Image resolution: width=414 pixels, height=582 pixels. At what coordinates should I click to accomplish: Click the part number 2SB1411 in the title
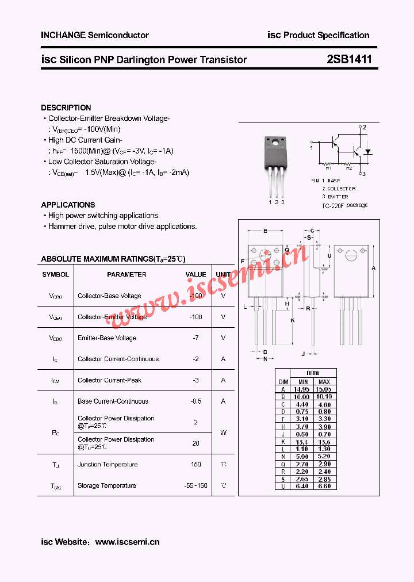350,59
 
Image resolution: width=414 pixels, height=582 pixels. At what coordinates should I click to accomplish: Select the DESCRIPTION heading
66,108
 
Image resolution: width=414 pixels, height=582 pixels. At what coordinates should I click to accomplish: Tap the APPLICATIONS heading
68,205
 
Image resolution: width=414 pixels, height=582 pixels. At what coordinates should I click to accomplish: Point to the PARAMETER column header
126,275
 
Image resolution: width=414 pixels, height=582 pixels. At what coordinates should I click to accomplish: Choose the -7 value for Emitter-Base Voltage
195,338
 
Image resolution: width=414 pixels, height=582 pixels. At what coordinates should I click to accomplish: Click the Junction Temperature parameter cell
108,465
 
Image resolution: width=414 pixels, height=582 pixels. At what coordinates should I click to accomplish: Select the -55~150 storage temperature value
195,486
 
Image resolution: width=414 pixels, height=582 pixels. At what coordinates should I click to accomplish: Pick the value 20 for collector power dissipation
195,443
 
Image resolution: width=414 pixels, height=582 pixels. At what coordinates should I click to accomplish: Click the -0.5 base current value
195,401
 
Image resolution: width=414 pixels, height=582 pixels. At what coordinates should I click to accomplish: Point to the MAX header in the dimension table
324,382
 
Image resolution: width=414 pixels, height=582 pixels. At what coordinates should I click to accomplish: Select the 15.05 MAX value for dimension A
324,389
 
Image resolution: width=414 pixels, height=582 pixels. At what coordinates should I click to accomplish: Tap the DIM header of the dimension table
283,382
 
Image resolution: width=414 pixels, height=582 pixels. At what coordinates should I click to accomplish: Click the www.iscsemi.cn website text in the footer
127,542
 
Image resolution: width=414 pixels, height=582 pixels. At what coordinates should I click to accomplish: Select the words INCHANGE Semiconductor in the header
95,35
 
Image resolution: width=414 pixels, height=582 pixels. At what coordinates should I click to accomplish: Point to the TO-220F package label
344,205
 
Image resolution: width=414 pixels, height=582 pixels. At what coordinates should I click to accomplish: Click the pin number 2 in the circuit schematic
364,127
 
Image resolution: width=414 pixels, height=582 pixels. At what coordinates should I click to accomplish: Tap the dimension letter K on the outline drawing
293,320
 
